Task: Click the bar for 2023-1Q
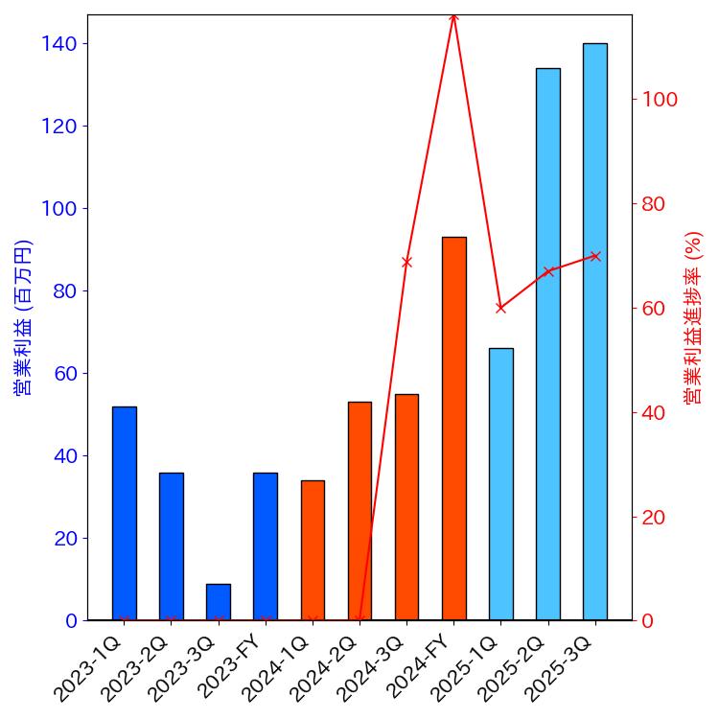point(124,513)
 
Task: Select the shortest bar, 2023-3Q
point(219,602)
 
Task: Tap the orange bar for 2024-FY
point(453,429)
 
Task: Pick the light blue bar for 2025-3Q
point(594,332)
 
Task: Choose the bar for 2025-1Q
point(500,484)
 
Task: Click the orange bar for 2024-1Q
point(313,550)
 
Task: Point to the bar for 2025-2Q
point(547,344)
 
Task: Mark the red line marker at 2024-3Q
point(406,262)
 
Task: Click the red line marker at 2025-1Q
point(500,308)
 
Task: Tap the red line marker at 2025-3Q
point(594,256)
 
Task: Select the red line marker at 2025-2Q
point(547,271)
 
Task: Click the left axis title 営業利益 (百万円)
point(23,317)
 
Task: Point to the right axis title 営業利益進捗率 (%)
point(693,317)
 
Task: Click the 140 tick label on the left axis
point(59,44)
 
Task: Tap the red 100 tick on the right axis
point(660,100)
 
